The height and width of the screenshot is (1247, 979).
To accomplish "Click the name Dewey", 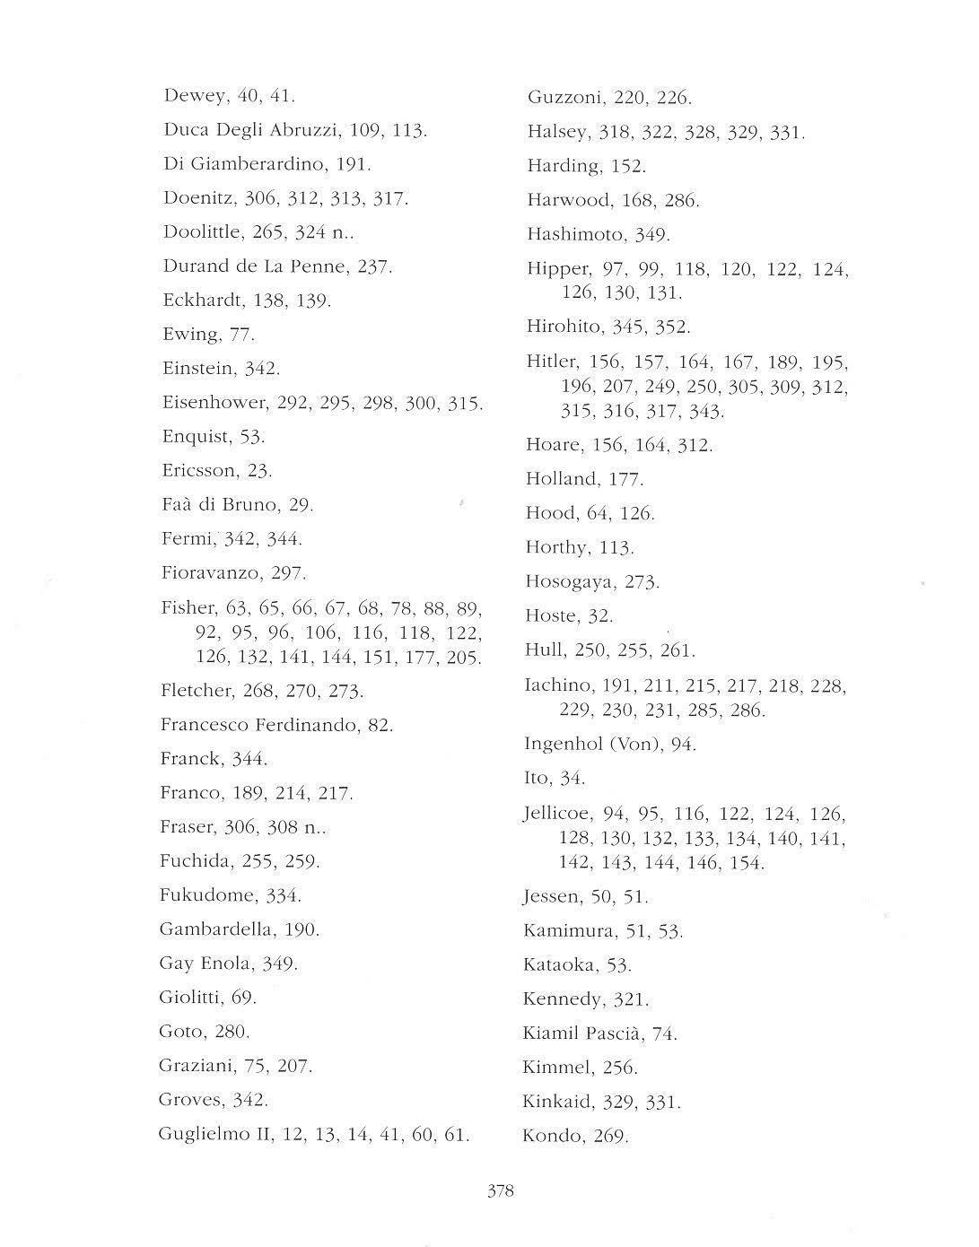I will (x=193, y=95).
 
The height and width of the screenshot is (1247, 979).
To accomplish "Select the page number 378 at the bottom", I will (x=500, y=1191).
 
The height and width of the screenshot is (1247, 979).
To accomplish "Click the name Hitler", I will (x=551, y=362).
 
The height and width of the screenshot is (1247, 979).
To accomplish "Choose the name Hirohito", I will (x=564, y=326).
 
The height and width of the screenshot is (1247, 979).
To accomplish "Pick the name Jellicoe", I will (x=556, y=814).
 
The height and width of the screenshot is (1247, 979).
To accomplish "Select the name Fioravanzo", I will (x=210, y=572).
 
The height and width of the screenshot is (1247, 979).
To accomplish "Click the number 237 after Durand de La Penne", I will (x=374, y=266).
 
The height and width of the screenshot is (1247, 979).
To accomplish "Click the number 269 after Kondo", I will (x=610, y=1136).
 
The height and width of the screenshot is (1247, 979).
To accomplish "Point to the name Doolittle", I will (x=202, y=231).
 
